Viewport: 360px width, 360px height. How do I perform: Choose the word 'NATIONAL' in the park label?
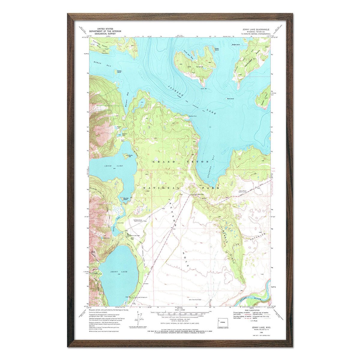(x=158, y=188)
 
